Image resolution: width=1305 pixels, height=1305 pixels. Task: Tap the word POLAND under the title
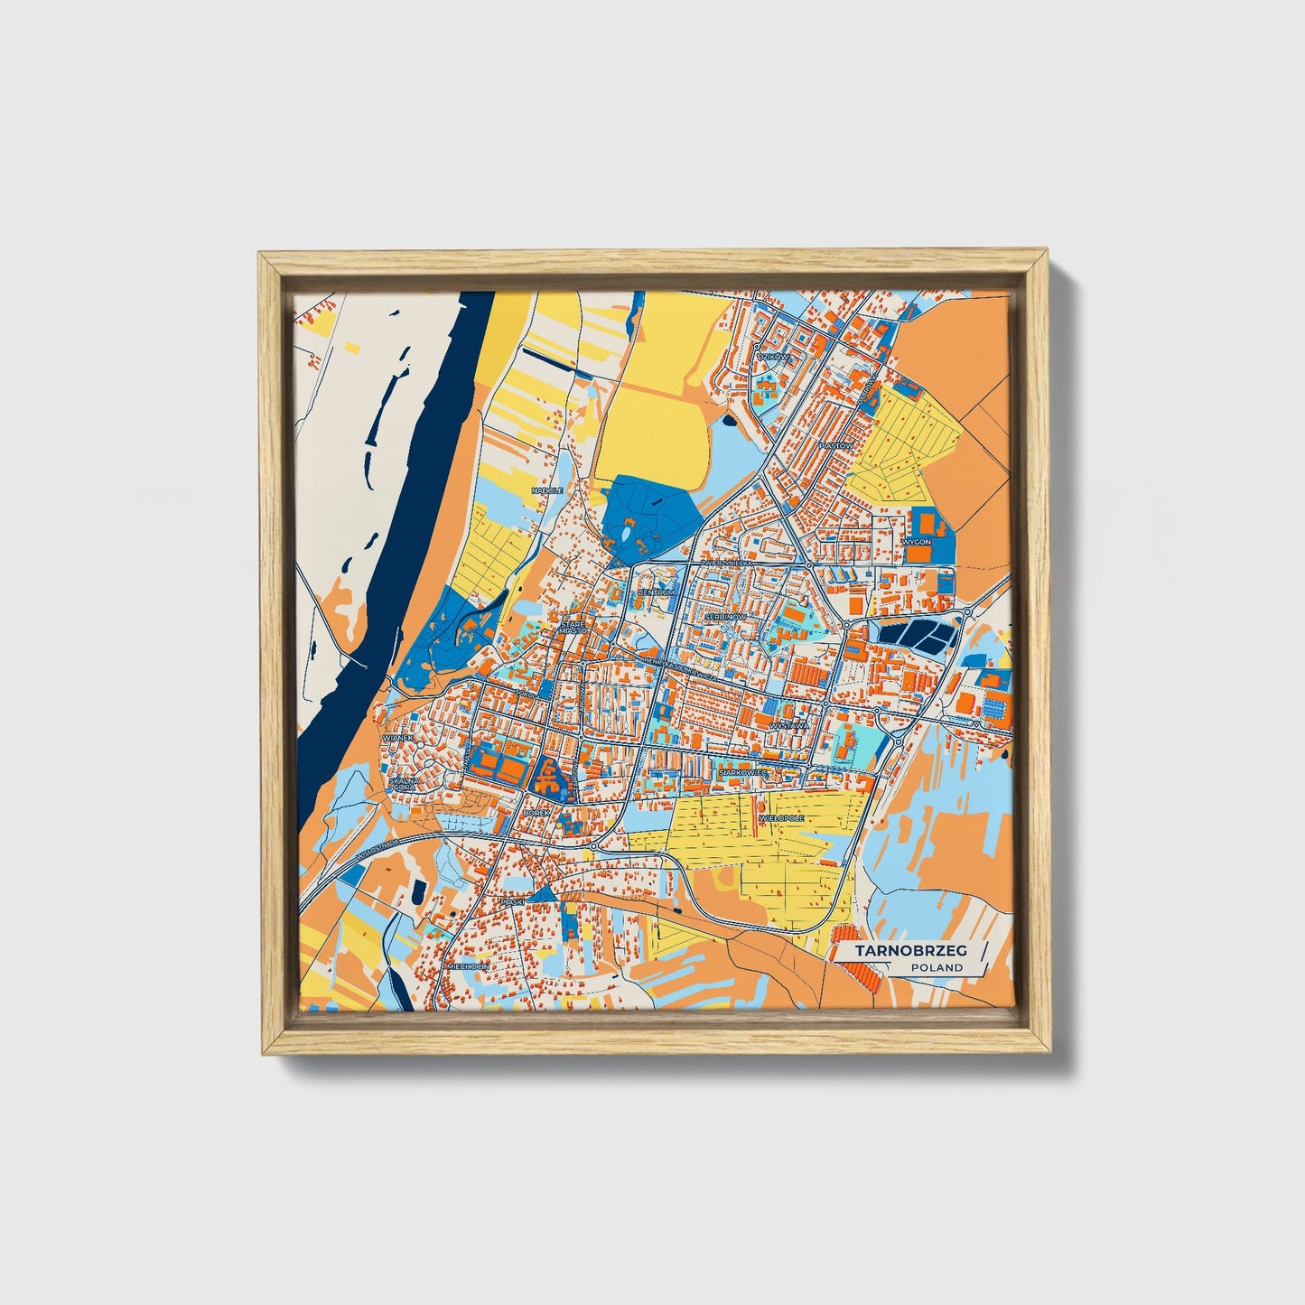coord(937,968)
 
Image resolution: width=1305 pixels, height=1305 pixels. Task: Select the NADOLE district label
coord(547,490)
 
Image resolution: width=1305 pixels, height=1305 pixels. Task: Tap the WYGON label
coord(916,542)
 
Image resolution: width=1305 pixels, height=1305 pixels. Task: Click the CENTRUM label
coord(656,592)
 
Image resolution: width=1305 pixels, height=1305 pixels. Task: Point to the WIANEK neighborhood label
coord(397,738)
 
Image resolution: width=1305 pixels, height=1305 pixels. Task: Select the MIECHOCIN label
coord(468,966)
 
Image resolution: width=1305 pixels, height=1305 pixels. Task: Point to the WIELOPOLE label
coord(782,817)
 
